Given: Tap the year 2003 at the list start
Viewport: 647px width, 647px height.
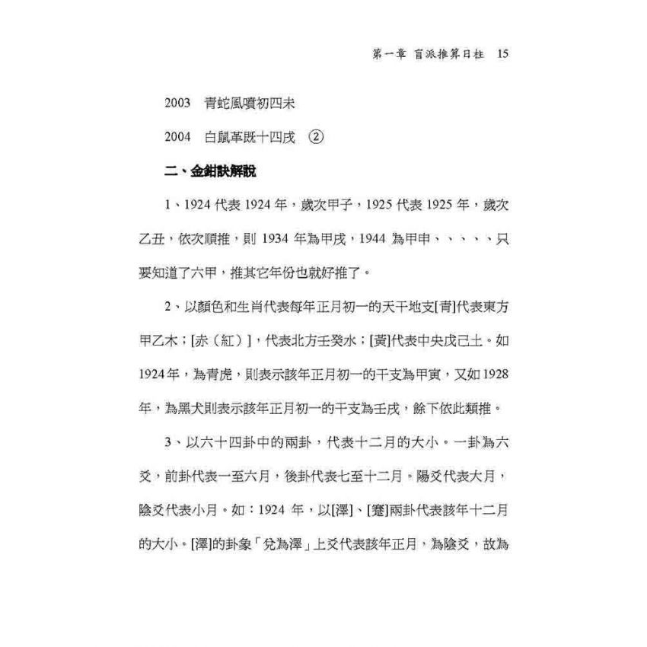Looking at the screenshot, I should tap(177, 103).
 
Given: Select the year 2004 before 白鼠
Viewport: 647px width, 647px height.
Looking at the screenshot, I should tap(177, 137).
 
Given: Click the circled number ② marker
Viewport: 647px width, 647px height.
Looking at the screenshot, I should tap(316, 137).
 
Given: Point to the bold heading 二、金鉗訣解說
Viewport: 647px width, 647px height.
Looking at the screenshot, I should tap(210, 171).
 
